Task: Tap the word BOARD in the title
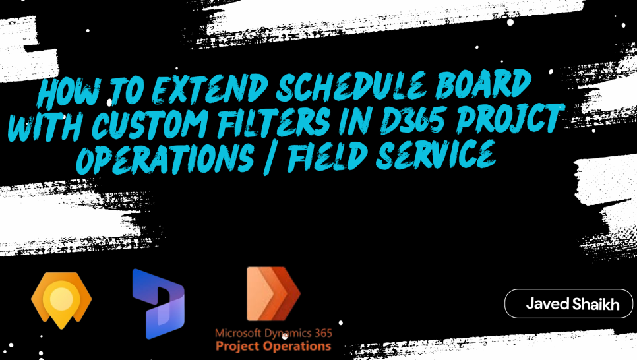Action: click(483, 84)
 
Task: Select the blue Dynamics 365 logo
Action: click(158, 303)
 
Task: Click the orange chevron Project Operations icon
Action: click(274, 294)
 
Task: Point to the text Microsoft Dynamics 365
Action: click(274, 333)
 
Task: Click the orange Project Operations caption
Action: click(274, 346)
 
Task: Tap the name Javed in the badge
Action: click(547, 303)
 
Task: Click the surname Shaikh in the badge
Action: click(596, 303)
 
